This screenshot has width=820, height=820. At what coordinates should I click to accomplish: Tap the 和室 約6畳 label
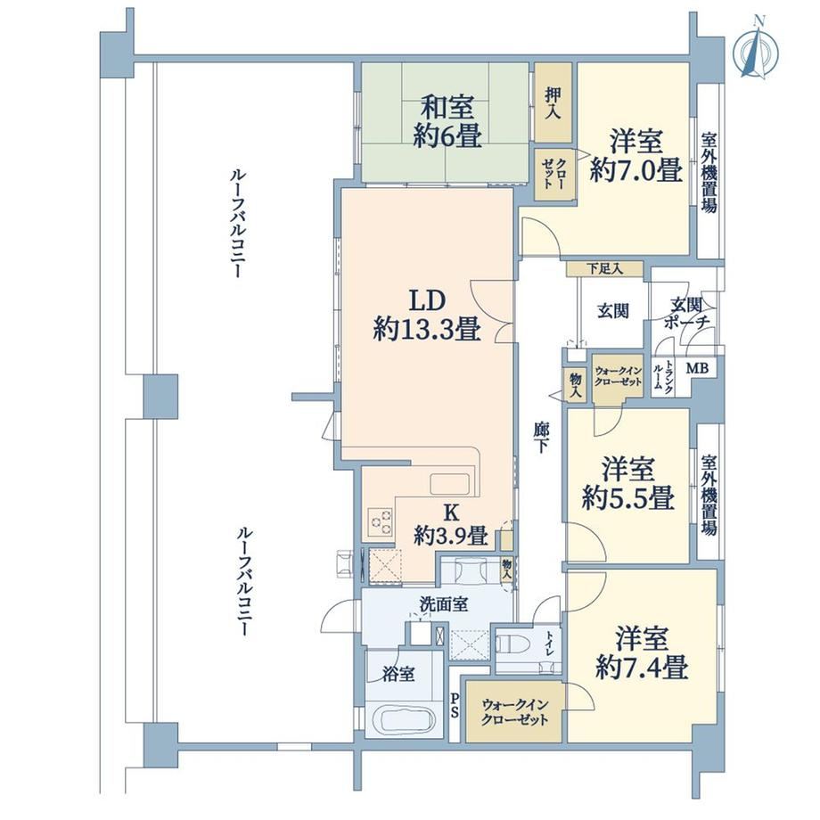[447, 122]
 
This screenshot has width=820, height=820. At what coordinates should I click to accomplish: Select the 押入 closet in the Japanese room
[553, 102]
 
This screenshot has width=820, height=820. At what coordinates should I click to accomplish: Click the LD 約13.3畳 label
[427, 316]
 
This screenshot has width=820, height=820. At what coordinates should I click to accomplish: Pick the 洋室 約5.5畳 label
[627, 483]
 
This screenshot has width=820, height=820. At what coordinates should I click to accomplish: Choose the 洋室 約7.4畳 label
[642, 652]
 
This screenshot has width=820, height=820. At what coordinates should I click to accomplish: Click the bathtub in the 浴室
[406, 721]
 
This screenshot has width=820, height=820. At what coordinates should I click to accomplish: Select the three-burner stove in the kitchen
[381, 521]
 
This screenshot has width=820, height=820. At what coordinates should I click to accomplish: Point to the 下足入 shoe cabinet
[604, 269]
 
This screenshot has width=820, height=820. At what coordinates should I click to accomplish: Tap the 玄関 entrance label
[613, 311]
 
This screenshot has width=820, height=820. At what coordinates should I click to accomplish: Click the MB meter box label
[697, 368]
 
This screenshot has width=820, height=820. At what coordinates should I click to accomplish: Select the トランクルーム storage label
[663, 376]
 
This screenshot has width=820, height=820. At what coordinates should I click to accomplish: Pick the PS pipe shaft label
[455, 705]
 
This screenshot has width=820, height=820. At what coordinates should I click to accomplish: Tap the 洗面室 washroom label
[444, 604]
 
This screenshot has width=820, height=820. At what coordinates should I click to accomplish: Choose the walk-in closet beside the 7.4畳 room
[514, 710]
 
